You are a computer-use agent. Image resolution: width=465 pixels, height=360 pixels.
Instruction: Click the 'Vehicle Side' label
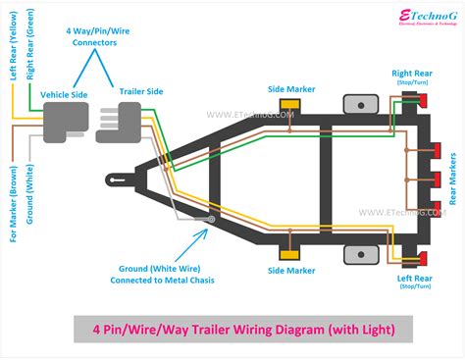pos(64,95)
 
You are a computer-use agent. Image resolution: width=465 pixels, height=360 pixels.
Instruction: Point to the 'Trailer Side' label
pos(142,91)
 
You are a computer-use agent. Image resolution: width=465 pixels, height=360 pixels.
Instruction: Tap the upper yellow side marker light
pos(290,104)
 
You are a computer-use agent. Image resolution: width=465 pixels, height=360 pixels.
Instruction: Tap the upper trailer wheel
pos(360,104)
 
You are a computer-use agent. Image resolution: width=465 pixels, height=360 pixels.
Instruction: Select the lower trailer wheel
pos(360,255)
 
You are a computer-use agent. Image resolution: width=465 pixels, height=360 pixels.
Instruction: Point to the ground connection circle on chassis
pos(211,221)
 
